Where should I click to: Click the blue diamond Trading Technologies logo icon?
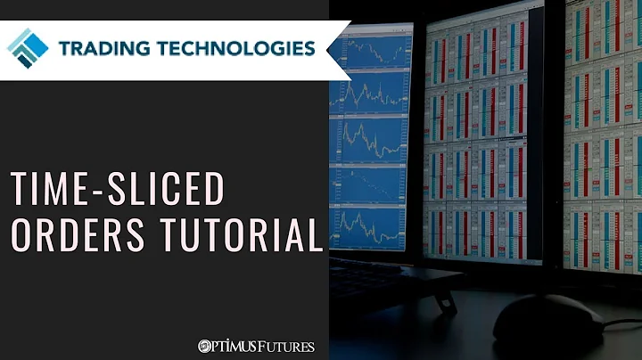tap(28, 46)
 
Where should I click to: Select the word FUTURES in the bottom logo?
tap(285, 346)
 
